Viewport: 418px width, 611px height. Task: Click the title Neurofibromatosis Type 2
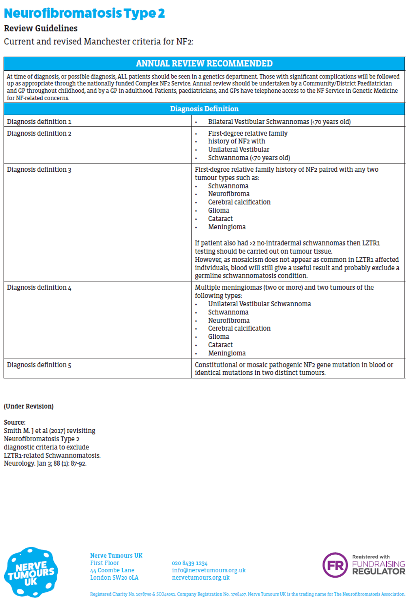(84, 13)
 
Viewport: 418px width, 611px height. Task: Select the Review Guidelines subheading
(41, 28)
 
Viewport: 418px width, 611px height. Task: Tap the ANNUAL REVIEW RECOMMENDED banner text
(204, 63)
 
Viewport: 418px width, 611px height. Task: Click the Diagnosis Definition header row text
(204, 109)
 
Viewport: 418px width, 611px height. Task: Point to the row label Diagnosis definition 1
(39, 121)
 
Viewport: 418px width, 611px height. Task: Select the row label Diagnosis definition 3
(39, 169)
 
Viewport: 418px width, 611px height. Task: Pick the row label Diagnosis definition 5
(39, 365)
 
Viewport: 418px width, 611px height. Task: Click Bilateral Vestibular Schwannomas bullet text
(279, 121)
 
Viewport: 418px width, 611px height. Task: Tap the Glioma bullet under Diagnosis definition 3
(218, 210)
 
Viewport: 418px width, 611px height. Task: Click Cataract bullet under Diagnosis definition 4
(220, 345)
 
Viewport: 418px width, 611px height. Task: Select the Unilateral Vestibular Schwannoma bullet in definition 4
(259, 304)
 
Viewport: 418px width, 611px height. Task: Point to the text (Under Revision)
(29, 406)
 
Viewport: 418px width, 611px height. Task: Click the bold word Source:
(15, 422)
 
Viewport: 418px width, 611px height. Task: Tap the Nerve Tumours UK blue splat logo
(31, 572)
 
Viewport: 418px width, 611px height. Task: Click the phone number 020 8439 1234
(190, 563)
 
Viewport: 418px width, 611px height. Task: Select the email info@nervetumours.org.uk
(209, 570)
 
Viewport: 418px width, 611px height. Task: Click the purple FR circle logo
(335, 565)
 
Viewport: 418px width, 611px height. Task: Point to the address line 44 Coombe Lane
(112, 570)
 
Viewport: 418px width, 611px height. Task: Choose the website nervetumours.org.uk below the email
(200, 577)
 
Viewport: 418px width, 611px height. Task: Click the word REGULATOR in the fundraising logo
(378, 572)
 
